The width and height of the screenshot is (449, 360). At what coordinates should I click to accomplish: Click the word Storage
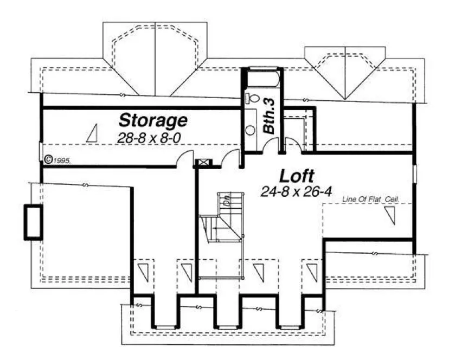[x=153, y=119]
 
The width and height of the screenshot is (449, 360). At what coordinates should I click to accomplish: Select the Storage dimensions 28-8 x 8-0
[x=149, y=138]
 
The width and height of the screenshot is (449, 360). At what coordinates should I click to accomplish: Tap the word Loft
[x=297, y=176]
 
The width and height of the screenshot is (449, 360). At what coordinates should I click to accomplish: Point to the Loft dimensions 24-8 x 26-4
[x=296, y=191]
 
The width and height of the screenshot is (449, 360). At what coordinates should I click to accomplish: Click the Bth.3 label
[x=270, y=123]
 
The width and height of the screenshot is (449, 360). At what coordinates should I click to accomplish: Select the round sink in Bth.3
[x=251, y=130]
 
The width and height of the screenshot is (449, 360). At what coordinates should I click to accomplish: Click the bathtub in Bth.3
[x=262, y=80]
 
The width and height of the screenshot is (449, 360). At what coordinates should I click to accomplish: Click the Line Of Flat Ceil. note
[x=371, y=200]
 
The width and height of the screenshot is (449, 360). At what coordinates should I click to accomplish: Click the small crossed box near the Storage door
[x=205, y=162]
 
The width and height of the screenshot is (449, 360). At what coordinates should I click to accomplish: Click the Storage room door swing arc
[x=187, y=158]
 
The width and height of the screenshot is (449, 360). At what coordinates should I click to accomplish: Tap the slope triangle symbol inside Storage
[x=92, y=133]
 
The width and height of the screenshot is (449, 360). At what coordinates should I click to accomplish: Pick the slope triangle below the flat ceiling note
[x=390, y=216]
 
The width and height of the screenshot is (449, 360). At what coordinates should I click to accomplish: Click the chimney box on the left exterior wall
[x=33, y=222]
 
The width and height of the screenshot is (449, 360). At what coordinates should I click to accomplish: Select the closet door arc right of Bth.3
[x=293, y=145]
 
